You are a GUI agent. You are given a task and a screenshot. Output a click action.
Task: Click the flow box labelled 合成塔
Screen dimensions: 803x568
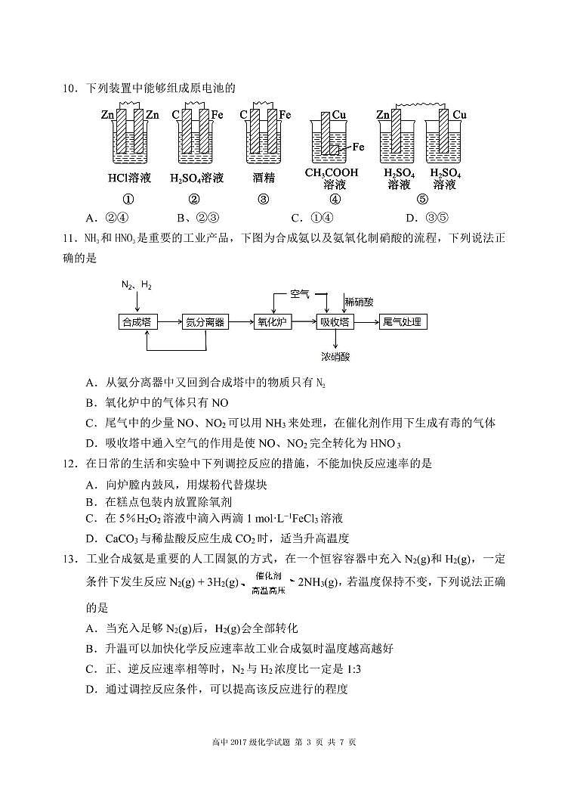click(137, 322)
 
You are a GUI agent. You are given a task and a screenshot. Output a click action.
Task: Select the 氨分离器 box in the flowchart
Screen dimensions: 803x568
click(205, 322)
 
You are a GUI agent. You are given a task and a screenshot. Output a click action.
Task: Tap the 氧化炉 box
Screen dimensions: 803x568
click(273, 322)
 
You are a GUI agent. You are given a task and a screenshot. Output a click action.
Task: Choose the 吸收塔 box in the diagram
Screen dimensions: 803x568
click(335, 322)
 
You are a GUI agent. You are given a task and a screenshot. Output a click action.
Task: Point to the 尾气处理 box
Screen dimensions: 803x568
click(402, 322)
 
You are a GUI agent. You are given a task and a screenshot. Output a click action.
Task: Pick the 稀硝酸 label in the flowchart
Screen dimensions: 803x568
click(360, 301)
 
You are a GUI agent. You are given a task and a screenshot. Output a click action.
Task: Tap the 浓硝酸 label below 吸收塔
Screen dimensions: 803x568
click(335, 356)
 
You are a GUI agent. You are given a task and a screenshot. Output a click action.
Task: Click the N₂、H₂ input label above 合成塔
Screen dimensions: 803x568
click(137, 285)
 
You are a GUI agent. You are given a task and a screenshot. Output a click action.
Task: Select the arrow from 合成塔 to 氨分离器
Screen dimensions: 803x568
click(168, 322)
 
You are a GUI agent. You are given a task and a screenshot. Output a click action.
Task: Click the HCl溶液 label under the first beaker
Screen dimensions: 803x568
click(129, 178)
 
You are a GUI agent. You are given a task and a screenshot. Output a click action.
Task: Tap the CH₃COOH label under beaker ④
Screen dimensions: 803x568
click(332, 173)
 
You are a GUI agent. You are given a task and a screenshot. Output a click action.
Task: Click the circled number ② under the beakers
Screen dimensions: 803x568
click(194, 200)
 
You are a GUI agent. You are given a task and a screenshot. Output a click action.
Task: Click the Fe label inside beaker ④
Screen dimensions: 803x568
click(357, 147)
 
